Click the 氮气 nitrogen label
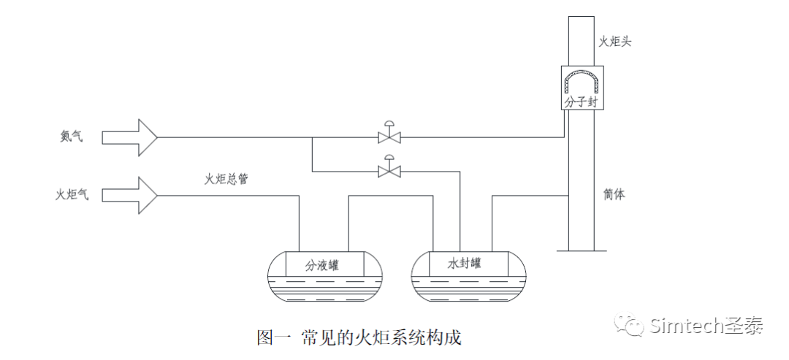point(71,137)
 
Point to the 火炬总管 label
point(226,179)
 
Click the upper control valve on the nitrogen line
point(389,135)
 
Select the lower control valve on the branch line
point(389,169)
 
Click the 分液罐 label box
point(322,264)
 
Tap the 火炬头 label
point(614,42)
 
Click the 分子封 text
point(582,101)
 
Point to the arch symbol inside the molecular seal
point(582,79)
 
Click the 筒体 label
point(614,195)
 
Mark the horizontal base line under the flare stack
point(582,250)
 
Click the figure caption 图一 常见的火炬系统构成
point(359,337)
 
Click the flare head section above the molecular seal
point(582,37)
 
